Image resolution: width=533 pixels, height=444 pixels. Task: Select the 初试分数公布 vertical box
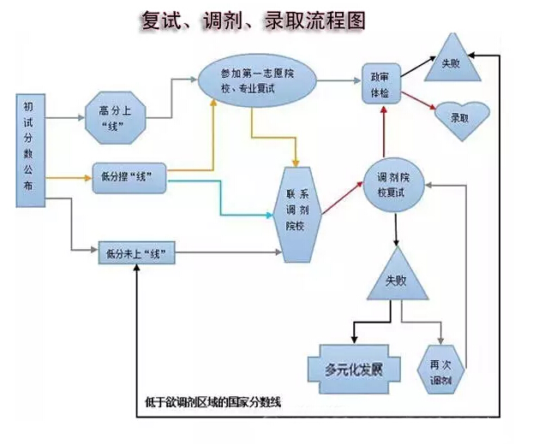click(x=29, y=151)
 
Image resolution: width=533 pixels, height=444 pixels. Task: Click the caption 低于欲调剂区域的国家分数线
click(x=214, y=401)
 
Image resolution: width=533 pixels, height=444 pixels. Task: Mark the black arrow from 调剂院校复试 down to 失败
click(x=396, y=231)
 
